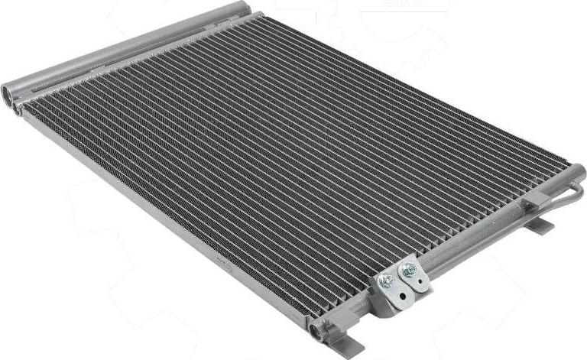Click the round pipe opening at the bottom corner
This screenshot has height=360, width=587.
coord(315,330)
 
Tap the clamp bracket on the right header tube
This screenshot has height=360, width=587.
coord(535,200)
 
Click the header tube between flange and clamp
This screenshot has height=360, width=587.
coord(474,241)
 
